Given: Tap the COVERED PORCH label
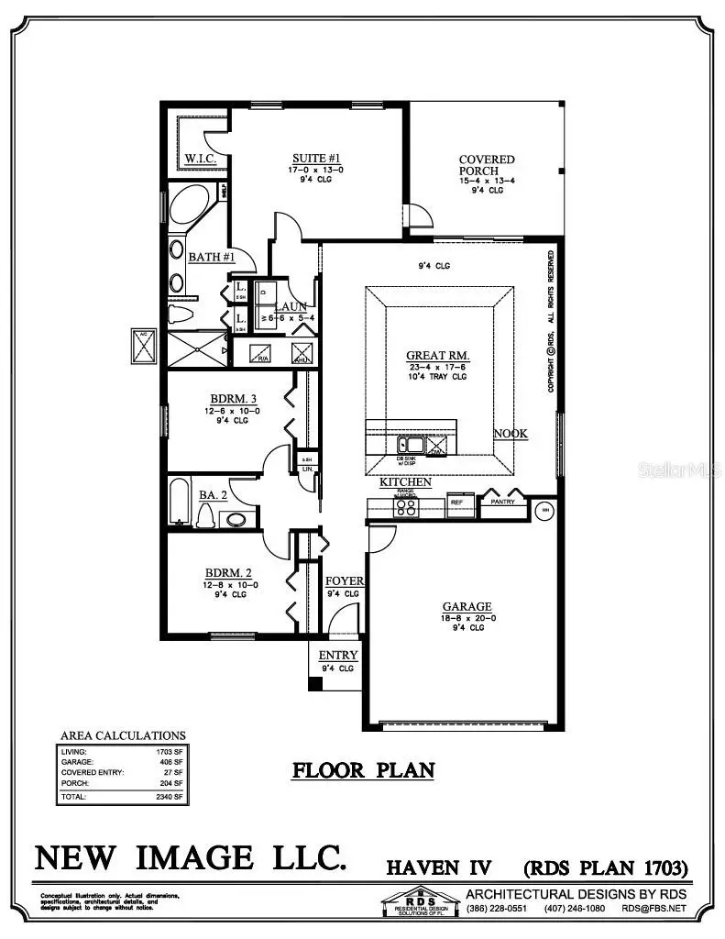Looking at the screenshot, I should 487,165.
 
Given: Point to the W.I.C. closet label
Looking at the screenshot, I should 200,159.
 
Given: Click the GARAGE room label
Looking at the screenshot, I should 467,606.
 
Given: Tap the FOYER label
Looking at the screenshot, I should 345,581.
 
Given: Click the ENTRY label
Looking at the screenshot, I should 337,656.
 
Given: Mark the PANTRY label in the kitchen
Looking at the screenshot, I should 503,502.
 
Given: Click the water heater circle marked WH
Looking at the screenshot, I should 544,510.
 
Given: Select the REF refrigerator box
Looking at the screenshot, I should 457,503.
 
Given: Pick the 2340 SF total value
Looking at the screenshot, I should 169,797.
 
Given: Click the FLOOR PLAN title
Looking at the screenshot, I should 363,769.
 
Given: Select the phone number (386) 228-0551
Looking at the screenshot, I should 496,908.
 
